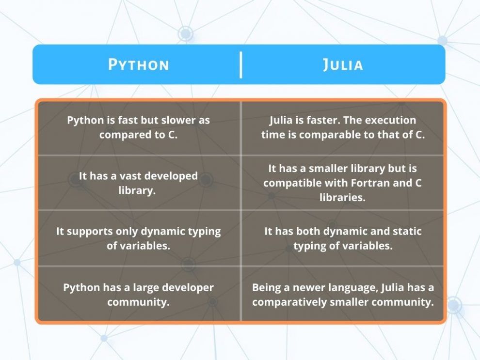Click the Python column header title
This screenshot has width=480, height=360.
pyautogui.click(x=139, y=64)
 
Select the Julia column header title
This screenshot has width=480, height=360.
pyautogui.click(x=343, y=64)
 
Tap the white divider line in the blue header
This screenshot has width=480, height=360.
pyautogui.click(x=240, y=64)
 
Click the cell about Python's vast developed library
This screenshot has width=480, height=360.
pyautogui.click(x=138, y=183)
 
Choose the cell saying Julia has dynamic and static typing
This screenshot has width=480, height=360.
pyautogui.click(x=343, y=238)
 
